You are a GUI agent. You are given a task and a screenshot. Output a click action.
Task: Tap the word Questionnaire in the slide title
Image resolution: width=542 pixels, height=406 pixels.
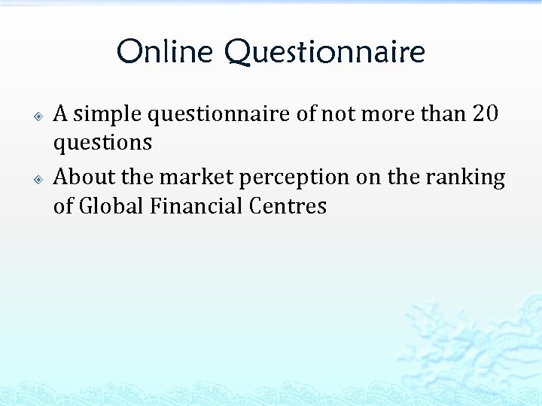point(324,53)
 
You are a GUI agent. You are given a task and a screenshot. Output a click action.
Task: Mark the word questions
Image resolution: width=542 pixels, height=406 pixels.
point(102,143)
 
